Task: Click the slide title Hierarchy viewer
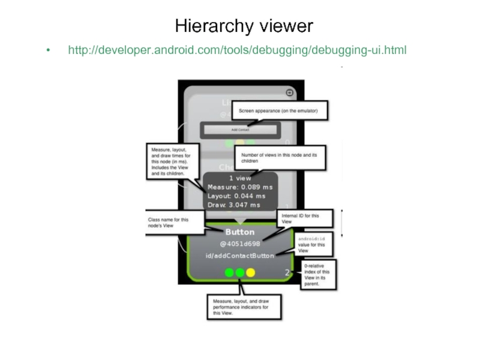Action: coord(244,26)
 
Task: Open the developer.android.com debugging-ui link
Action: coord(237,50)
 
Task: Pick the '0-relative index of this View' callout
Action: coord(318,274)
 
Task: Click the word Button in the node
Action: coord(240,232)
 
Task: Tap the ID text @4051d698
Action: coord(239,244)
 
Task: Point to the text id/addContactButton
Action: coord(238,256)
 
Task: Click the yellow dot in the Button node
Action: coord(251,272)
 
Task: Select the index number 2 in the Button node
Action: coord(287,273)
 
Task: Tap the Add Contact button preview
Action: coord(240,129)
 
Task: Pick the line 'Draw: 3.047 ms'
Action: coord(233,205)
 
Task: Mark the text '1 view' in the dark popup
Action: coord(240,178)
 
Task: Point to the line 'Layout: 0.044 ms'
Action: coord(236,196)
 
